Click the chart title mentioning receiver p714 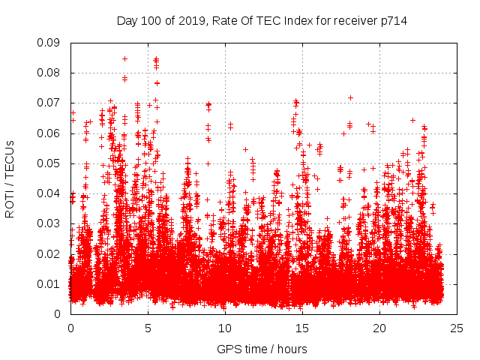[262, 20]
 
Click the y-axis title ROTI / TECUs [10, 178]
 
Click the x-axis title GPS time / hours [262, 349]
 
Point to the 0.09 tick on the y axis [49, 43]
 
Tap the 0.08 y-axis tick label [49, 73]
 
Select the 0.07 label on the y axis [49, 103]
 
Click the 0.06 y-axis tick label [49, 133]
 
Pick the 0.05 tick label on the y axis [49, 163]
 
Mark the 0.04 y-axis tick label [49, 193]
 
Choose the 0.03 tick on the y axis [49, 223]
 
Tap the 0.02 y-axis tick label [49, 253]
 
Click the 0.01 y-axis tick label [49, 283]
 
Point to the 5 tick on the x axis [148, 328]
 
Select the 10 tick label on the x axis [225, 328]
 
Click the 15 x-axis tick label [302, 328]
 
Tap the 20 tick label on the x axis [379, 328]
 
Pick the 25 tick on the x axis [457, 328]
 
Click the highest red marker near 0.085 [124, 58]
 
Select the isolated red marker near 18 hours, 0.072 [350, 97]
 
